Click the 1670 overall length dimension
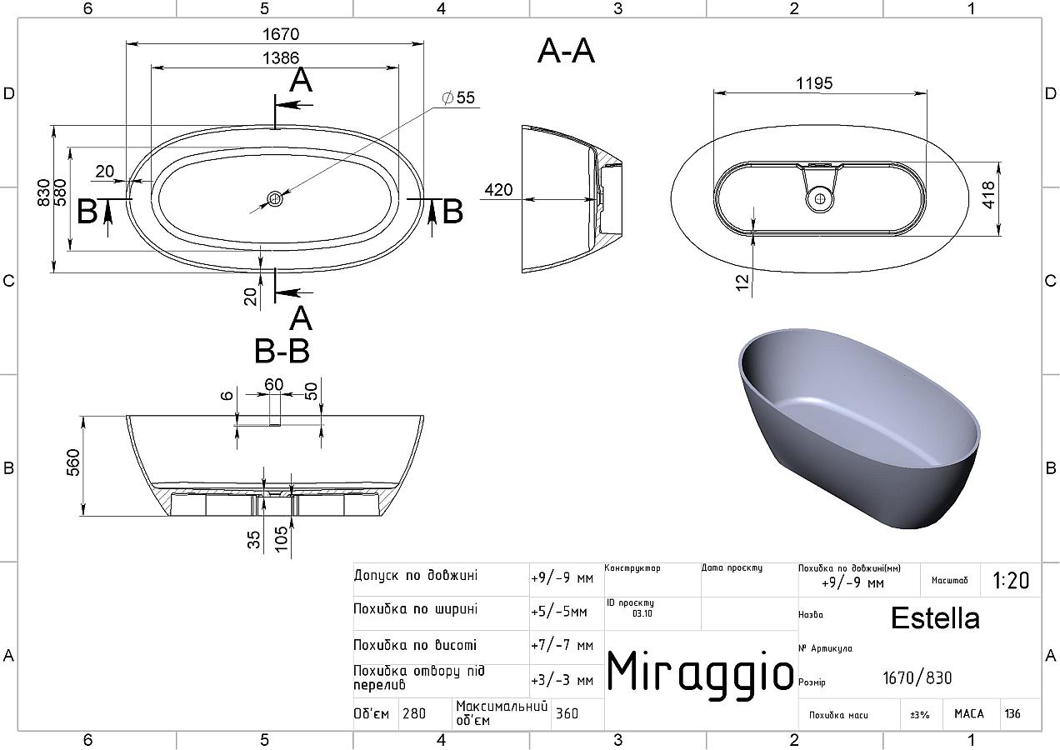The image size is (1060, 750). coord(281,34)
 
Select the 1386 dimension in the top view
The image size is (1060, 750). coord(281,57)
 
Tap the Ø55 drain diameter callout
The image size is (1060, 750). coord(458,97)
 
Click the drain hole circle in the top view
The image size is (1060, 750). coord(275,198)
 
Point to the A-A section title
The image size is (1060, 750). coord(566,51)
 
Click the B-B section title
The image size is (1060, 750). coord(282,351)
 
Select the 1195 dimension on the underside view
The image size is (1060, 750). coord(814,83)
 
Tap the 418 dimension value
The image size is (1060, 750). coord(988,194)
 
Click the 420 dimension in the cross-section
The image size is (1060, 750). coord(499,190)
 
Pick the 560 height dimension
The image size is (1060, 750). coord(74,462)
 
